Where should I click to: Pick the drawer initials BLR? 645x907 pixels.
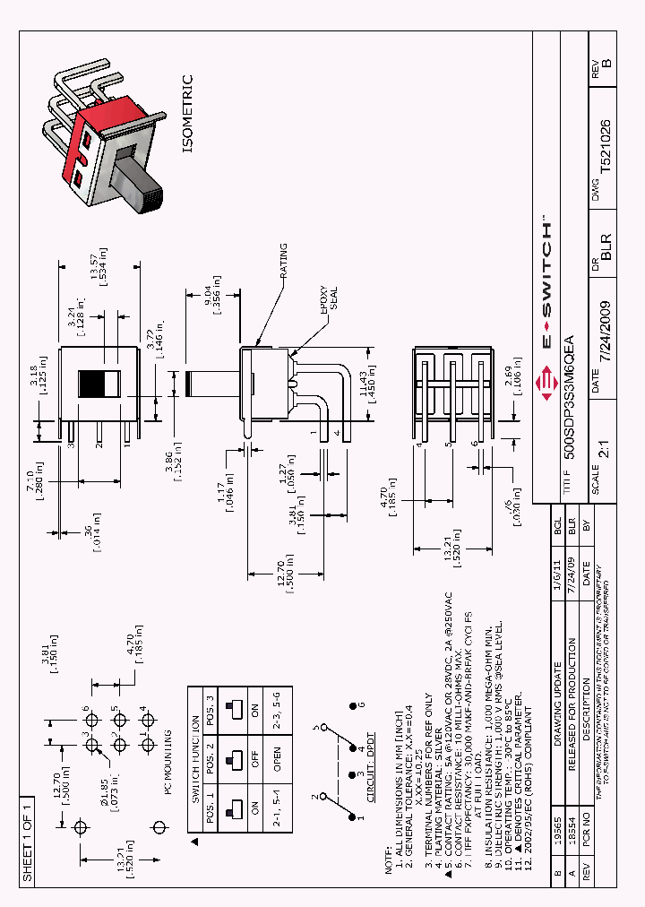tap(606, 243)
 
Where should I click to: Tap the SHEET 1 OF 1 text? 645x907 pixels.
tap(28, 839)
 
